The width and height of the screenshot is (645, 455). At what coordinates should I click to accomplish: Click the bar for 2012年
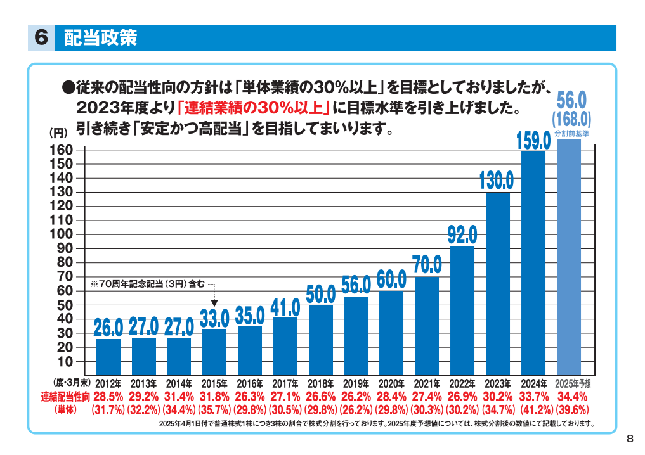coord(108,357)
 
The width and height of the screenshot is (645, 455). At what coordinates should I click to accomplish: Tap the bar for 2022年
coord(462,311)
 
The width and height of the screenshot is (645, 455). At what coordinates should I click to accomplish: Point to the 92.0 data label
coord(462,236)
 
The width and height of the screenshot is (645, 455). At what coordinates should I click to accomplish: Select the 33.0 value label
coord(214,318)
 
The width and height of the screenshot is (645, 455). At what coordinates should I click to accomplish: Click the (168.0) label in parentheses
coord(571,119)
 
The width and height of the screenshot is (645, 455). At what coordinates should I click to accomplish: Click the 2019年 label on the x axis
coord(356,384)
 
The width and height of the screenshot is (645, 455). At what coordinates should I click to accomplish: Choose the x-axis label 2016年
coord(250,384)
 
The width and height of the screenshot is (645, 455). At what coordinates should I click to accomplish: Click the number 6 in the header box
coord(41,38)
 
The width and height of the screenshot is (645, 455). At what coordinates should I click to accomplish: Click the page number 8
coord(629,439)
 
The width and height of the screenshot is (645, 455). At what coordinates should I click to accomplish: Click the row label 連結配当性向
coord(65,397)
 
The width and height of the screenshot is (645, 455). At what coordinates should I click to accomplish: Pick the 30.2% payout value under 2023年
coord(498,397)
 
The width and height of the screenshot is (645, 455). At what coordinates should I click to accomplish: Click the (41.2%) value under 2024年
coord(533,409)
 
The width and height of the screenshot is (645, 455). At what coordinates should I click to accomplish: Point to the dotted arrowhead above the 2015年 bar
coord(214,304)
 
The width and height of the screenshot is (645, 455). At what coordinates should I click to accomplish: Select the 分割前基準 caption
coord(572,134)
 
